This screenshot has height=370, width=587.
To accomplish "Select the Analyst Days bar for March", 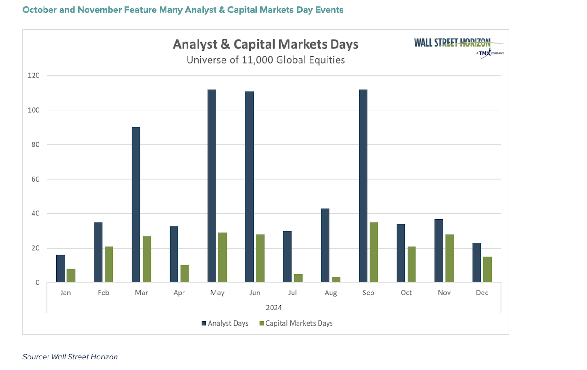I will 136,205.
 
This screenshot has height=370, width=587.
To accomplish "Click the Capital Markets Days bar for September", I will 374,252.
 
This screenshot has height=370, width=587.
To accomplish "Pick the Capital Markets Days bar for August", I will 336,280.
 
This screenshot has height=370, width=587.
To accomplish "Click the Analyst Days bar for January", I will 60,269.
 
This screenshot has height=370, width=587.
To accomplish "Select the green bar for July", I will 298,278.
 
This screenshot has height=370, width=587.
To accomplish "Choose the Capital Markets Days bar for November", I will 449,258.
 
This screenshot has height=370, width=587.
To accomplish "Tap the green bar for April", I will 184,274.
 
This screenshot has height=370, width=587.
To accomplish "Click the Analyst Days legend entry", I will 225,323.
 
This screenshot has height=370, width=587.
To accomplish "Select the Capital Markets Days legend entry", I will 296,323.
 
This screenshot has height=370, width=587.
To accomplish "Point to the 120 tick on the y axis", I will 35,76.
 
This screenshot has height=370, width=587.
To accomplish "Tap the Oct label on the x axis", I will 406,293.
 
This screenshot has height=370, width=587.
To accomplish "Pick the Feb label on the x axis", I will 103,293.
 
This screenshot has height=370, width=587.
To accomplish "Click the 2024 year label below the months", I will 274,307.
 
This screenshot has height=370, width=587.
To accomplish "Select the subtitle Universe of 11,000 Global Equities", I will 266,60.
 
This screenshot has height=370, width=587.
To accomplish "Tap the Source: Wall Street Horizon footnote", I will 70,357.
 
